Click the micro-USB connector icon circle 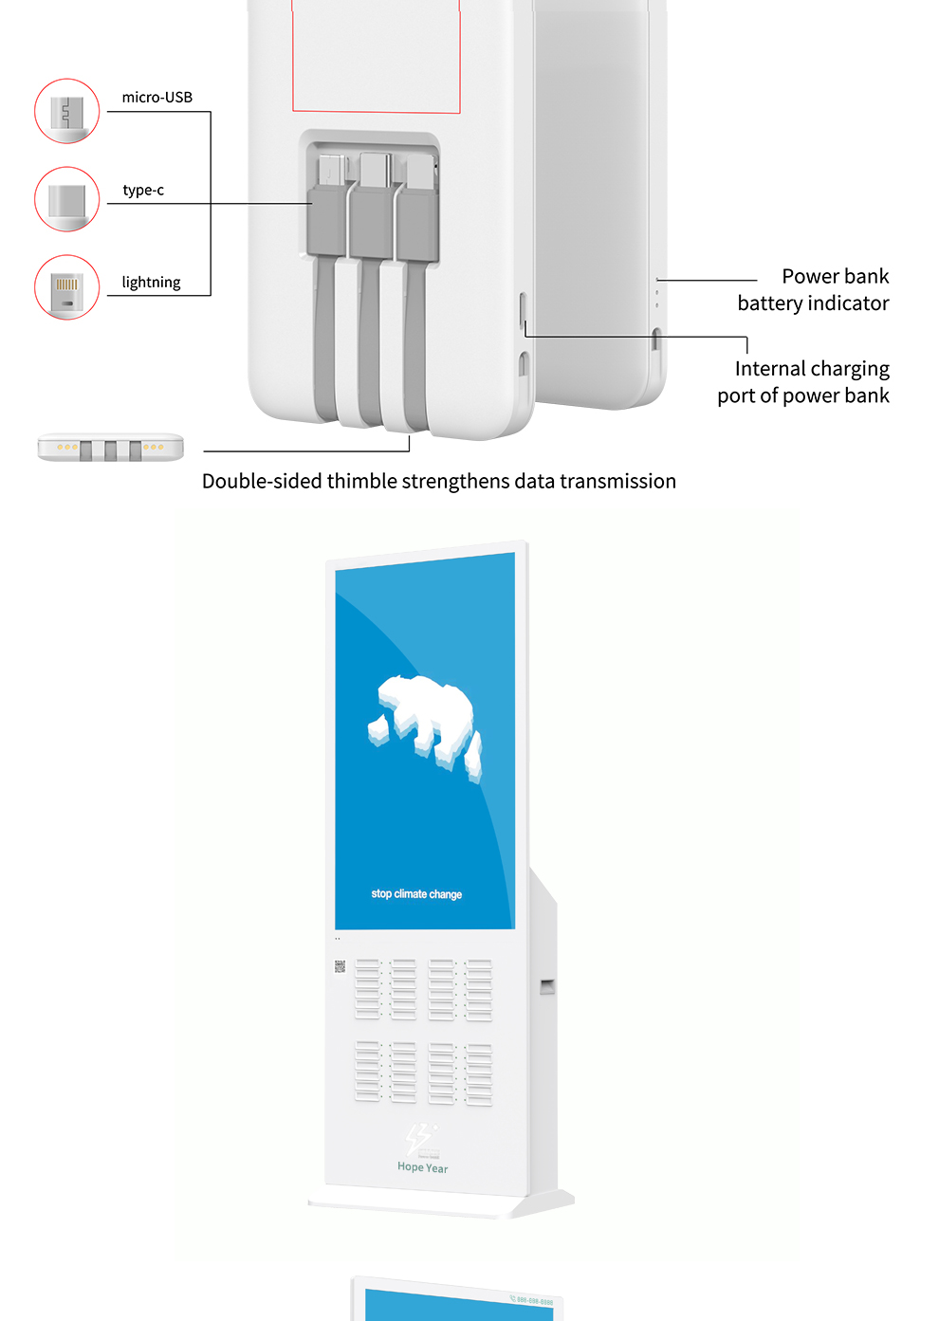pyautogui.click(x=66, y=111)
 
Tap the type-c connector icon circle pyautogui.click(x=66, y=199)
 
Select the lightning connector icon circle pyautogui.click(x=66, y=287)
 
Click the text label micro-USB pyautogui.click(x=156, y=98)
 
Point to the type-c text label pyautogui.click(x=143, y=191)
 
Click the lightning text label pyautogui.click(x=151, y=283)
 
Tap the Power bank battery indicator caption pyautogui.click(x=814, y=290)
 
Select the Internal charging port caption pyautogui.click(x=804, y=382)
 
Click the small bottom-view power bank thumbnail pyautogui.click(x=111, y=448)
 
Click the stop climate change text pyautogui.click(x=416, y=894)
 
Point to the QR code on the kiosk pyautogui.click(x=340, y=966)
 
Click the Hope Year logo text pyautogui.click(x=422, y=1167)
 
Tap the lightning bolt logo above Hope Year pyautogui.click(x=419, y=1137)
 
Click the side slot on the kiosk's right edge pyautogui.click(x=546, y=987)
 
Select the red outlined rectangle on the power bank pyautogui.click(x=376, y=57)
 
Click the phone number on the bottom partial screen pyautogui.click(x=533, y=1301)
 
